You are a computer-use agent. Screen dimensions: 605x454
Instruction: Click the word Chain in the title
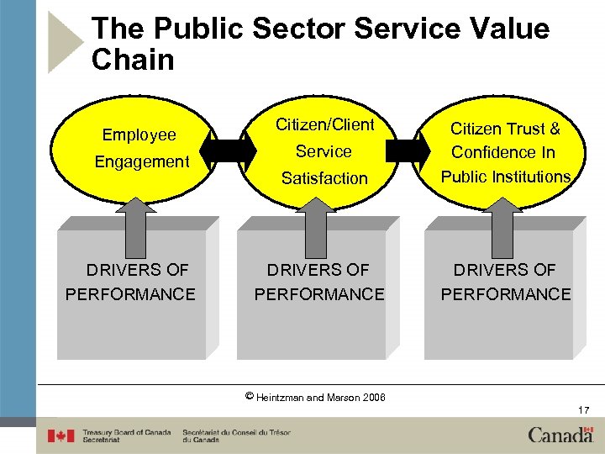pyautogui.click(x=133, y=60)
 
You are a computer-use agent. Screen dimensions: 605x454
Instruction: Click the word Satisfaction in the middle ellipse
pyautogui.click(x=324, y=178)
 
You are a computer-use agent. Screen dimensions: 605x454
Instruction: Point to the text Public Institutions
pyautogui.click(x=506, y=177)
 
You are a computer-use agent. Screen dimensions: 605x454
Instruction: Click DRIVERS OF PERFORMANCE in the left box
pyautogui.click(x=130, y=282)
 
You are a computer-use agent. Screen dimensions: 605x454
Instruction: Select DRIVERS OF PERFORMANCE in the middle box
pyautogui.click(x=319, y=282)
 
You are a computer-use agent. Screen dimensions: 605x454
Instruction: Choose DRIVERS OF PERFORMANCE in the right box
pyautogui.click(x=506, y=282)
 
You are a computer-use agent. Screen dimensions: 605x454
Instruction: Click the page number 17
pyautogui.click(x=583, y=409)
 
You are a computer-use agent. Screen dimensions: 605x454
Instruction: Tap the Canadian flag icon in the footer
pyautogui.click(x=60, y=436)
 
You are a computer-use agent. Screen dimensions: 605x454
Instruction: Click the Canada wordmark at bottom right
pyautogui.click(x=560, y=434)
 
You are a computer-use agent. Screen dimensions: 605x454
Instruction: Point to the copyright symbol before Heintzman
pyautogui.click(x=248, y=395)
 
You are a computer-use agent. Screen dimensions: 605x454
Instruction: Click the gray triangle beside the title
pyautogui.click(x=66, y=42)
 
